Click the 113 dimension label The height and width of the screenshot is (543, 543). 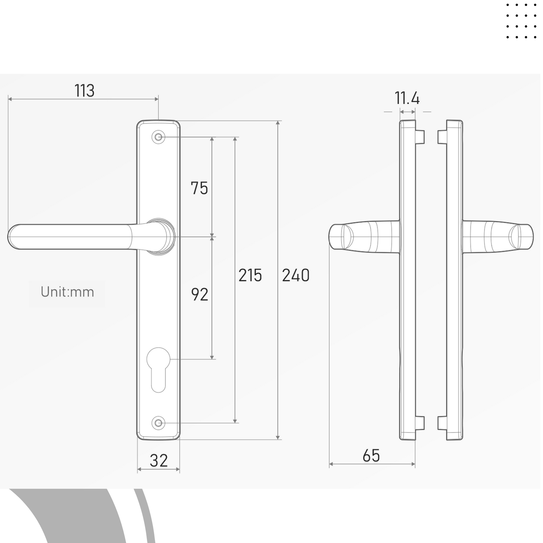(x=85, y=91)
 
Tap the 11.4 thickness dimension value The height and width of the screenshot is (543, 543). (x=407, y=98)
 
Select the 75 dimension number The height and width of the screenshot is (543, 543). (x=199, y=188)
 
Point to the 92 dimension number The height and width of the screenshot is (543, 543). (x=200, y=295)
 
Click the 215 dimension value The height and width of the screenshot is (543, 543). (x=250, y=275)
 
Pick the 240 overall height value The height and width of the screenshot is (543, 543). (x=296, y=275)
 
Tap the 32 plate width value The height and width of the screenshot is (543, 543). (x=159, y=460)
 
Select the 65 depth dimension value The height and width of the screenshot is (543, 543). (x=371, y=456)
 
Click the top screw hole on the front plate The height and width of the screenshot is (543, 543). (x=158, y=138)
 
